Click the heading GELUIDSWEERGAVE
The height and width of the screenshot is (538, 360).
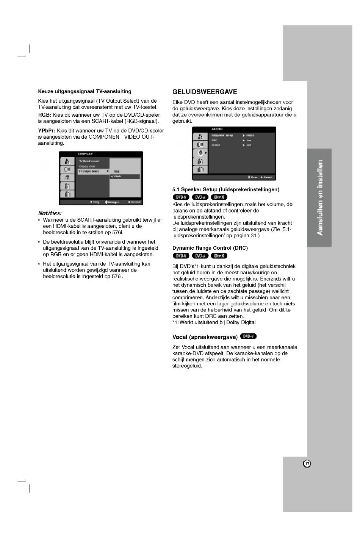[x=205, y=92]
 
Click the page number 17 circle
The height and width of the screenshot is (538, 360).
[x=307, y=464]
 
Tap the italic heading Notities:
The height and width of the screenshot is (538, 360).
[x=50, y=213]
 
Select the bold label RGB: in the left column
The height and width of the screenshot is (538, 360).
[x=45, y=115]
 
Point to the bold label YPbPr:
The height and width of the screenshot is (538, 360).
[x=47, y=131]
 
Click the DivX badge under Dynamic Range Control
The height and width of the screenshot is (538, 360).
[x=219, y=256]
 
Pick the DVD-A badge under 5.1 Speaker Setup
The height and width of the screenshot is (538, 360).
[x=200, y=197]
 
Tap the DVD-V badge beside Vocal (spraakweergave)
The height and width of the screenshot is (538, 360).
[x=249, y=336]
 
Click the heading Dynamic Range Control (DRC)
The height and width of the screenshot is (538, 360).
[x=210, y=248]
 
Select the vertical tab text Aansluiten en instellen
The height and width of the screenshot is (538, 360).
[x=320, y=197]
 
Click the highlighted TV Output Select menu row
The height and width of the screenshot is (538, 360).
[x=93, y=171]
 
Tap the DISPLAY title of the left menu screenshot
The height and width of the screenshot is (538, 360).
[x=85, y=154]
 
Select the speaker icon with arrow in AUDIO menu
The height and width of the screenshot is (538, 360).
[x=200, y=153]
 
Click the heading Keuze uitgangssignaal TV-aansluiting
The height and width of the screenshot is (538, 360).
[x=85, y=91]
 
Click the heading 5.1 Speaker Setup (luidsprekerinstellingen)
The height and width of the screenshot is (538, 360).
[x=225, y=189]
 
